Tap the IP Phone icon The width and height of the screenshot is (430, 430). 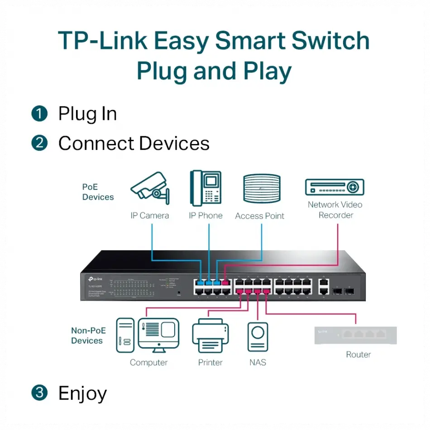(x=205, y=186)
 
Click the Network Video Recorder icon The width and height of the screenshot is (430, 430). (x=334, y=186)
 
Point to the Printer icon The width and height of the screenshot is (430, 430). (x=210, y=335)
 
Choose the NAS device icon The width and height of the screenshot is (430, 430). (x=258, y=337)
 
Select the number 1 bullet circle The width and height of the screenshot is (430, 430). (x=39, y=114)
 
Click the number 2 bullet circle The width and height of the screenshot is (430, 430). (x=39, y=143)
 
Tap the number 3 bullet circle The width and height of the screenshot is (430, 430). (x=39, y=392)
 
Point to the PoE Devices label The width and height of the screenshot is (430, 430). (x=98, y=192)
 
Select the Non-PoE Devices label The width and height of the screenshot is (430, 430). (x=87, y=335)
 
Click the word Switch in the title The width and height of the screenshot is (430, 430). (x=330, y=41)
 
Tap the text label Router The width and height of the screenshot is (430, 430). (x=358, y=354)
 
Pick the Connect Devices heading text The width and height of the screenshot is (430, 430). (x=134, y=143)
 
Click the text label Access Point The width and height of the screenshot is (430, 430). (x=260, y=216)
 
